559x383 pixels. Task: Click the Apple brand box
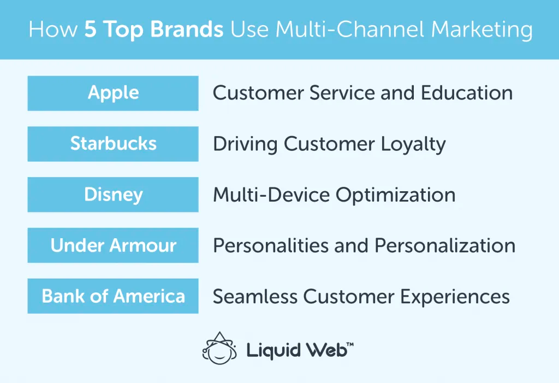(x=113, y=93)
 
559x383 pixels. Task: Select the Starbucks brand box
(x=113, y=144)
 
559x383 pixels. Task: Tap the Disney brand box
(x=113, y=195)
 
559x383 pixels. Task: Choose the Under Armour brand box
(x=113, y=245)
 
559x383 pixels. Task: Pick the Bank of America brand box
(x=113, y=296)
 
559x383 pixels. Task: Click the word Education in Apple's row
(x=467, y=93)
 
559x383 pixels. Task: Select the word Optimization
(x=395, y=195)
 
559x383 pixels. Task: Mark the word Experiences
(x=455, y=296)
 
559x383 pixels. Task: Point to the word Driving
(x=245, y=144)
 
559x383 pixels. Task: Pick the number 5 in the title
(x=90, y=30)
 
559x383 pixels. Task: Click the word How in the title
(x=52, y=30)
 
